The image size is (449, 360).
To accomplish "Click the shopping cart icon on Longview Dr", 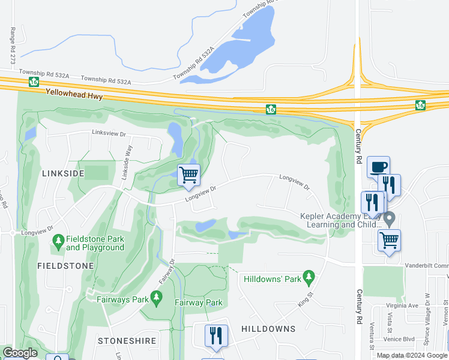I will tap(188, 175).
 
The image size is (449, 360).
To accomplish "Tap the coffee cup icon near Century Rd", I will tap(378, 167).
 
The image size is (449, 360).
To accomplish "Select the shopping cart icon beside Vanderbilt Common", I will tap(390, 241).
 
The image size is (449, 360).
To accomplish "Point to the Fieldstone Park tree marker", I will tap(58, 242).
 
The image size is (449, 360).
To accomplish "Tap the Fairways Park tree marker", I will tap(156, 297).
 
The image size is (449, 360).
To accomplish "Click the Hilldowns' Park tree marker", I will tap(309, 276).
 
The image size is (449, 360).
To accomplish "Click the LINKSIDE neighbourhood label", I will tap(64, 173).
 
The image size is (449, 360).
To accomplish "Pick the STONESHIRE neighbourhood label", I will tap(127, 341).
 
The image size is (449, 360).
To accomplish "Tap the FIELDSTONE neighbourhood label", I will tap(65, 265).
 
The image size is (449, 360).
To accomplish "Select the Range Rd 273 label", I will tap(13, 46).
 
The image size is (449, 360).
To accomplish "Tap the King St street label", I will tap(306, 298).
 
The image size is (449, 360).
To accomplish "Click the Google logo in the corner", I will tap(20, 353).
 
